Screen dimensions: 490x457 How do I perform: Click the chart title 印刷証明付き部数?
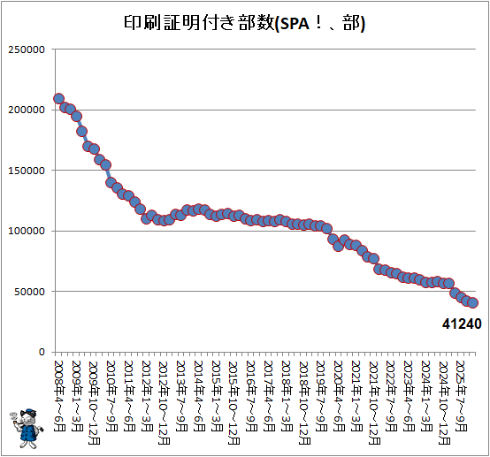tap(199, 23)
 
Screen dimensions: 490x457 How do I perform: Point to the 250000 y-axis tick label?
tap(27, 50)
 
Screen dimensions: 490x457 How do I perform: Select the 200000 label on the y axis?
tap(27, 110)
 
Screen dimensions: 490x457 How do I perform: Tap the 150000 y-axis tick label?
tap(27, 171)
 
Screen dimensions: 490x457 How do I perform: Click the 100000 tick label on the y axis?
tap(27, 232)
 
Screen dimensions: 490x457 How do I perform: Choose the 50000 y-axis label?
tap(30, 292)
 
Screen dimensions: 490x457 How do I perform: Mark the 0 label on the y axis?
tap(42, 352)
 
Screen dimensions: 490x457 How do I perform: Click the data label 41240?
tap(462, 324)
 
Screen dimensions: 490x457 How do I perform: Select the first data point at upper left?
tap(58, 99)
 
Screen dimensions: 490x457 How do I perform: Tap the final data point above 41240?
tap(472, 302)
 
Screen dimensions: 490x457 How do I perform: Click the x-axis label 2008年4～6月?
tap(59, 396)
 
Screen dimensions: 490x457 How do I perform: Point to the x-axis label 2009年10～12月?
tap(94, 403)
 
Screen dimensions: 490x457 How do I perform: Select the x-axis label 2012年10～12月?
tap(164, 403)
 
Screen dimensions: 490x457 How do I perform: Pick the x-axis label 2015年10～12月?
tap(234, 403)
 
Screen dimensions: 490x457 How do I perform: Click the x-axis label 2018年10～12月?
tap(304, 403)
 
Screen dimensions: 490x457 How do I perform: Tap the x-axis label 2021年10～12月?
tap(374, 403)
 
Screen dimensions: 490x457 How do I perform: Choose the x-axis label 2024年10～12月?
tap(444, 403)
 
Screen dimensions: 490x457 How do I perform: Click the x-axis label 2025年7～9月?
tap(462, 396)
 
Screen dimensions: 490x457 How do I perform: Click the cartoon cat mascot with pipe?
tap(27, 428)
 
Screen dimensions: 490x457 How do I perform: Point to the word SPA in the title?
tap(295, 24)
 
